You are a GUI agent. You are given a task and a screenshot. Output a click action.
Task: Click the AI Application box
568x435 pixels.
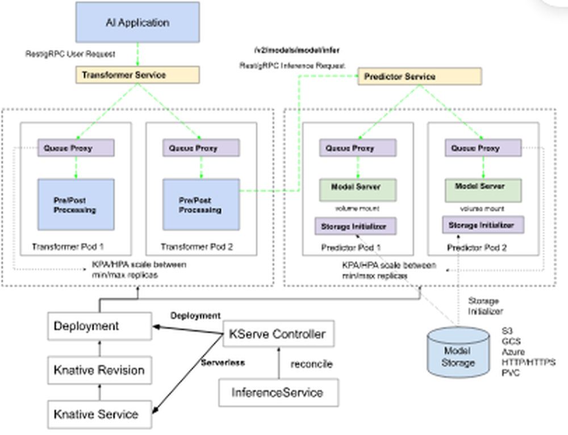coord(137,23)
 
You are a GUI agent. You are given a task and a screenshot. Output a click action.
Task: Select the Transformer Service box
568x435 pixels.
coord(137,75)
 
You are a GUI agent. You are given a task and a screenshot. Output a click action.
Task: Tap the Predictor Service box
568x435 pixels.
coord(419,77)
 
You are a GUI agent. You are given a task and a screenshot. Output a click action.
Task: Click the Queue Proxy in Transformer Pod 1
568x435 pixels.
coord(76,148)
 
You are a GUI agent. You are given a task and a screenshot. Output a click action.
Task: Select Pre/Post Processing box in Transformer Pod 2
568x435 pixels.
coord(201,204)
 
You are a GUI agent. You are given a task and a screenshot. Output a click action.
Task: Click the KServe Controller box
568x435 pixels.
coord(278,334)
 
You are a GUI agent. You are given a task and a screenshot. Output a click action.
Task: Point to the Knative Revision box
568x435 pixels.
coord(99,370)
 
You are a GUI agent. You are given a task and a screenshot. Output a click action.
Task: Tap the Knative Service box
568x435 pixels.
coord(99,415)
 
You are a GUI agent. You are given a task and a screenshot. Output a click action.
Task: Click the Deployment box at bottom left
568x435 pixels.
coord(99,327)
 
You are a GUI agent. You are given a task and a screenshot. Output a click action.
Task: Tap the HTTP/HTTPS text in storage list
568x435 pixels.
coord(528,362)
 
